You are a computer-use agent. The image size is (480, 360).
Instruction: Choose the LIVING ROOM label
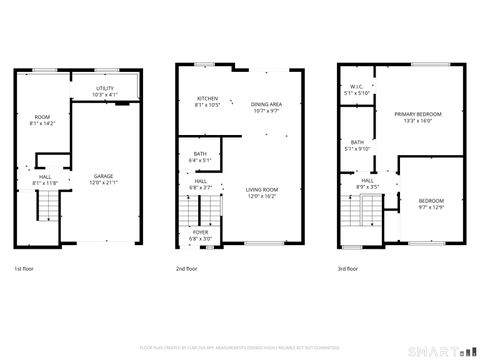[x=262, y=192]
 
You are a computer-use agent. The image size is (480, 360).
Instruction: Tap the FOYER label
[x=200, y=234]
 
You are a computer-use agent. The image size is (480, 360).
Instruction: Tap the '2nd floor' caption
[x=186, y=268]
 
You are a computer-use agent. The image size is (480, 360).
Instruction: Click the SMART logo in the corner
[x=445, y=350]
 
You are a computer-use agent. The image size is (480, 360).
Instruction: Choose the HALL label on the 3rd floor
[x=367, y=183]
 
